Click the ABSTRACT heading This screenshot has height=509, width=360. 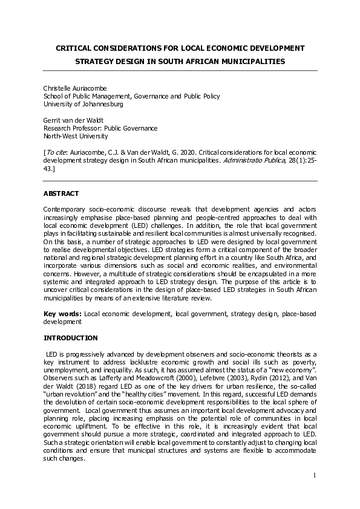[x=61, y=193]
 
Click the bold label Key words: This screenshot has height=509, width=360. [x=62, y=314]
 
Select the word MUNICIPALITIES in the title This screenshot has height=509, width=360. [x=247, y=61]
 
